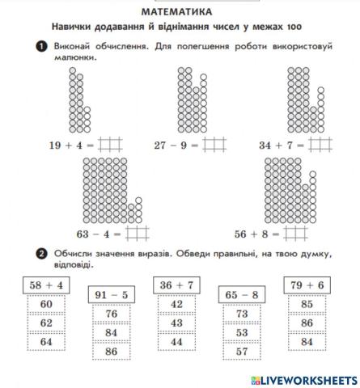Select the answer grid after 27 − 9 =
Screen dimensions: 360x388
click(x=215, y=145)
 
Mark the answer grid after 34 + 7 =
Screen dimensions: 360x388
click(x=321, y=145)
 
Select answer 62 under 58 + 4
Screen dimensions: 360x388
click(x=46, y=323)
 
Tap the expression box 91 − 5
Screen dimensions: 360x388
click(x=113, y=295)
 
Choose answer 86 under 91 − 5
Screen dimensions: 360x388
click(x=112, y=352)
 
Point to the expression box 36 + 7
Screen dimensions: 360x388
click(x=176, y=285)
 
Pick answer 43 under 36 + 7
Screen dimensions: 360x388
click(x=177, y=323)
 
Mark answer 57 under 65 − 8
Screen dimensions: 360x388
click(x=242, y=352)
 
